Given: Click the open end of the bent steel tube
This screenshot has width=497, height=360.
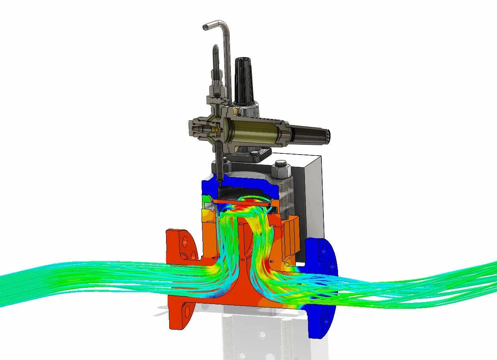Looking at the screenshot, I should (x=205, y=27).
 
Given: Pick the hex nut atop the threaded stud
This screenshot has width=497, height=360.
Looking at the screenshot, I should (x=281, y=168).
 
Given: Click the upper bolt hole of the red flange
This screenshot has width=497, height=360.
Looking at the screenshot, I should (x=183, y=242).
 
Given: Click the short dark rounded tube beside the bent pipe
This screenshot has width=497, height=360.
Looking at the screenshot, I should (x=216, y=63).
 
